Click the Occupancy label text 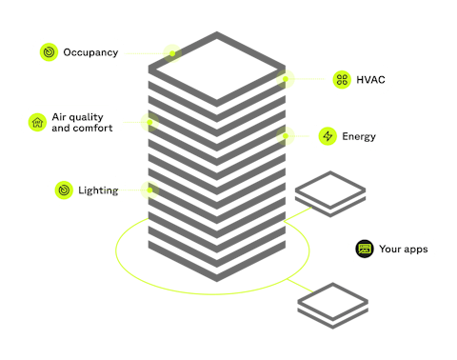(x=90, y=53)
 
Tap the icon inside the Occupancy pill (x=49, y=53)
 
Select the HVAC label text (x=371, y=81)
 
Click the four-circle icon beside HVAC (x=342, y=81)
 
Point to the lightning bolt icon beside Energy (x=328, y=136)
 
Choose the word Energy (x=359, y=136)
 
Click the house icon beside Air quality (x=37, y=122)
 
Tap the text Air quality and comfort (x=81, y=122)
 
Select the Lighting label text (x=98, y=190)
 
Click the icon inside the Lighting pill (x=63, y=190)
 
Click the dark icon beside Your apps (x=363, y=249)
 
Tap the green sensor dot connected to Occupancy (x=171, y=52)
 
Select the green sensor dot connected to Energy (x=283, y=135)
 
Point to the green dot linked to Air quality (x=149, y=122)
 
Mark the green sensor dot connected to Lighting (x=149, y=190)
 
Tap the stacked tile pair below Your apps (x=332, y=303)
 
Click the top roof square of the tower (x=217, y=70)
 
